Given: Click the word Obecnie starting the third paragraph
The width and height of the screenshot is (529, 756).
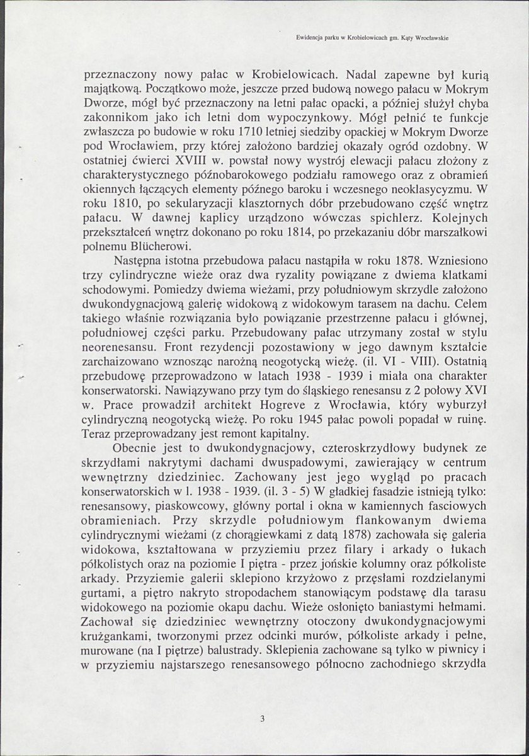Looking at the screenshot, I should pyautogui.click(x=134, y=449).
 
